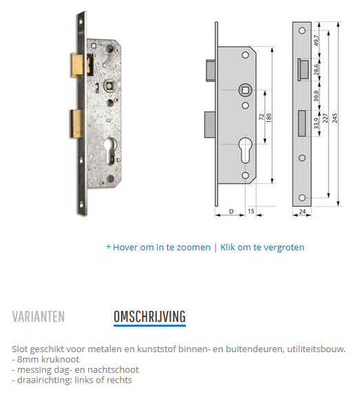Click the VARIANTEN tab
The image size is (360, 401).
(39, 316)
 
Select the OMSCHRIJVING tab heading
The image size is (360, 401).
(149, 316)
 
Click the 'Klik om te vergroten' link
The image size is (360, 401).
(262, 248)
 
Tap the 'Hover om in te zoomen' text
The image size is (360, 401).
(162, 248)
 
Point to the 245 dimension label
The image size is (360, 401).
(335, 118)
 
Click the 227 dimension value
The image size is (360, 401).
(325, 118)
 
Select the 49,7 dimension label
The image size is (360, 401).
(317, 41)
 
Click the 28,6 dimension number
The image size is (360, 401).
(317, 69)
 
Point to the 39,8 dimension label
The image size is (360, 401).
(317, 96)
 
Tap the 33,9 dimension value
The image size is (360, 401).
(317, 123)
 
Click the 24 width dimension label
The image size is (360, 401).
(302, 211)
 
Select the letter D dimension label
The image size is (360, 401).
(231, 211)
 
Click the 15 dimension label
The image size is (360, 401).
(251, 211)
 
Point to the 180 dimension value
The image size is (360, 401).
(268, 118)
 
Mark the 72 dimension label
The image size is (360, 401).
(262, 117)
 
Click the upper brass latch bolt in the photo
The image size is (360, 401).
(78, 65)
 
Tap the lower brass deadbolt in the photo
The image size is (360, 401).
(77, 124)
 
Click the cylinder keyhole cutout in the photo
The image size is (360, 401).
(110, 151)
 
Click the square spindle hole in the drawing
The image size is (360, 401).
(245, 90)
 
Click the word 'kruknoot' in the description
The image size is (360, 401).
(60, 359)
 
